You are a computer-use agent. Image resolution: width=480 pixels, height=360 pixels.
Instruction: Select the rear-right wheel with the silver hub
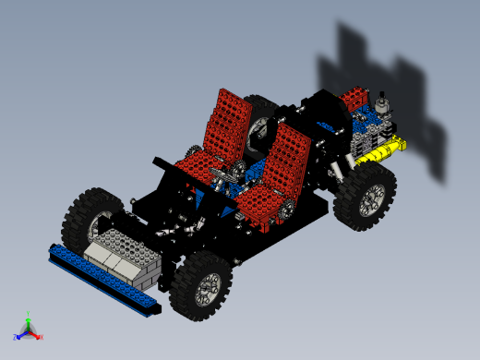[x=366, y=198]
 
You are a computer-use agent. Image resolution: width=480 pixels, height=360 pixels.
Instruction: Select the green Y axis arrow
[x=29, y=322]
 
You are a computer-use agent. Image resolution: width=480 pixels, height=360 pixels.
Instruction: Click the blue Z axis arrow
[x=20, y=335]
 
